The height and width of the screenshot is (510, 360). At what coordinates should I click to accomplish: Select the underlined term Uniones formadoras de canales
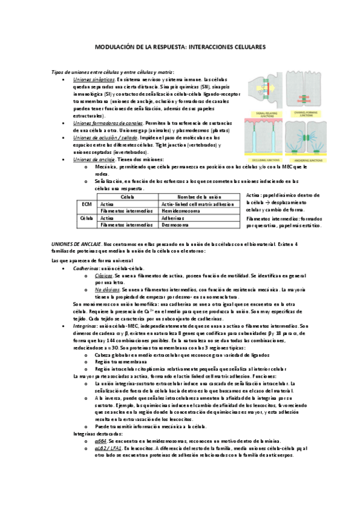104,123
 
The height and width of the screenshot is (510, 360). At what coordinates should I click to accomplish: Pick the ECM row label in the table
86,204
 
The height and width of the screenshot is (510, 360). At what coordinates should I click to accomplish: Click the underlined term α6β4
100,440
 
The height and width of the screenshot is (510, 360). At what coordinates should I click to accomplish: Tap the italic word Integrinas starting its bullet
85,325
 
